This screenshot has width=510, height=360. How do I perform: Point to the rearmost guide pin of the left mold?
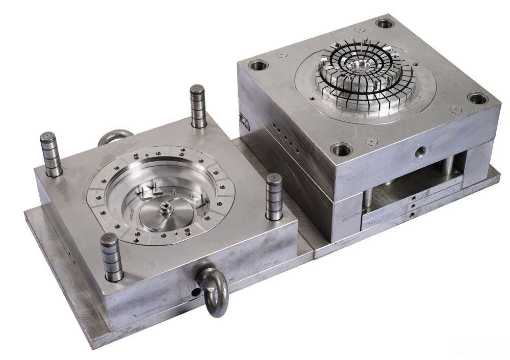198,105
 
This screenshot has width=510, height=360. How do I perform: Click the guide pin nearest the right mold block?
274,196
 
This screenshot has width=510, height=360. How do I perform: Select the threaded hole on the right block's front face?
419,150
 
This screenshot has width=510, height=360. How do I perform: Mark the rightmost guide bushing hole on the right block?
477,98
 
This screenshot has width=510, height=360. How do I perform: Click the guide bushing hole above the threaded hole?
341,149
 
